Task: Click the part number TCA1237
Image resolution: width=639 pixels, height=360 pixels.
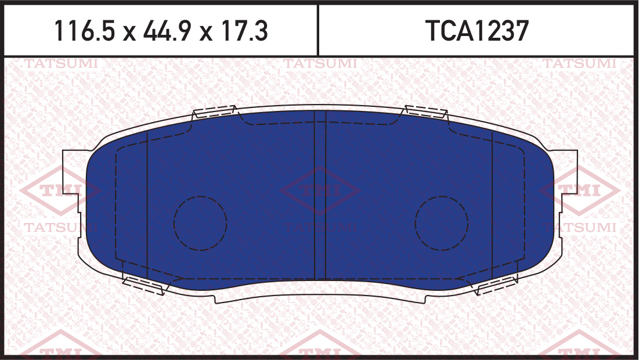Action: [x=476, y=31]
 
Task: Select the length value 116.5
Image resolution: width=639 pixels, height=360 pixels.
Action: [x=85, y=31]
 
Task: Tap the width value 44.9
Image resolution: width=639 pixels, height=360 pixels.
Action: [x=167, y=31]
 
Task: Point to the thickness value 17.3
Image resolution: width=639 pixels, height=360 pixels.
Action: [x=243, y=31]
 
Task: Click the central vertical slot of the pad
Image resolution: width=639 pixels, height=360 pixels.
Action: [x=320, y=195]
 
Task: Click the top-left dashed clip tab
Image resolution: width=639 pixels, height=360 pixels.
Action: [x=214, y=111]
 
